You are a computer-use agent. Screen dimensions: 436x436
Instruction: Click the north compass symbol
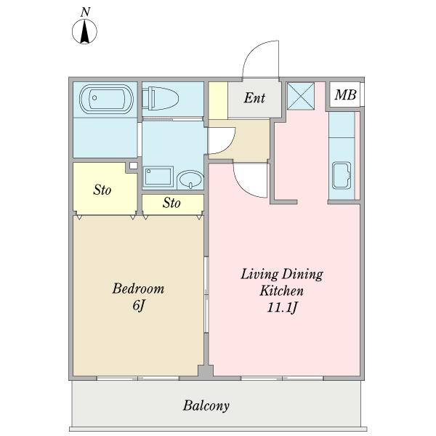(84, 31)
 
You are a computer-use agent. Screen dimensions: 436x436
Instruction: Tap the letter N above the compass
(85, 12)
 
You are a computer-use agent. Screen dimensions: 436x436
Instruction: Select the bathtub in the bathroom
(106, 99)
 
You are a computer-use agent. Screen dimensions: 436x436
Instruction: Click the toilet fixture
(161, 99)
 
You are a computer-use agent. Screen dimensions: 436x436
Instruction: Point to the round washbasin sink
(190, 179)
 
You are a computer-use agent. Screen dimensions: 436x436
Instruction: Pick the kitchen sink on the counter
(342, 176)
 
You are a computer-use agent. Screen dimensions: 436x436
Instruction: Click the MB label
(345, 94)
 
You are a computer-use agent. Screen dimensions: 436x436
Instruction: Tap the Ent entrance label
(254, 98)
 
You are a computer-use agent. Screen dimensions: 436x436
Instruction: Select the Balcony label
(206, 405)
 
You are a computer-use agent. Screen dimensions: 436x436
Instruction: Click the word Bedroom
(138, 288)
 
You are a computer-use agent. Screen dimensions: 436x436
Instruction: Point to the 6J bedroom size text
(139, 306)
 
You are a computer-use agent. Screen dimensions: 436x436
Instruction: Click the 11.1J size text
(282, 307)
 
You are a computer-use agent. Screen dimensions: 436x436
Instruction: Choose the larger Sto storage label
(102, 190)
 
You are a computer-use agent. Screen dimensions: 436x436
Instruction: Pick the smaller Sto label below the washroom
(171, 203)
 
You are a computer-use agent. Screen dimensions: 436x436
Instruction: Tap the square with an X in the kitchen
(301, 96)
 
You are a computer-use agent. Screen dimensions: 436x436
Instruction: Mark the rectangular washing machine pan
(158, 176)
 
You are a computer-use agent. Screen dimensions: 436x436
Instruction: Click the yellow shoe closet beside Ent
(218, 101)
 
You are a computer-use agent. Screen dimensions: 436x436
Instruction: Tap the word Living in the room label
(259, 275)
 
